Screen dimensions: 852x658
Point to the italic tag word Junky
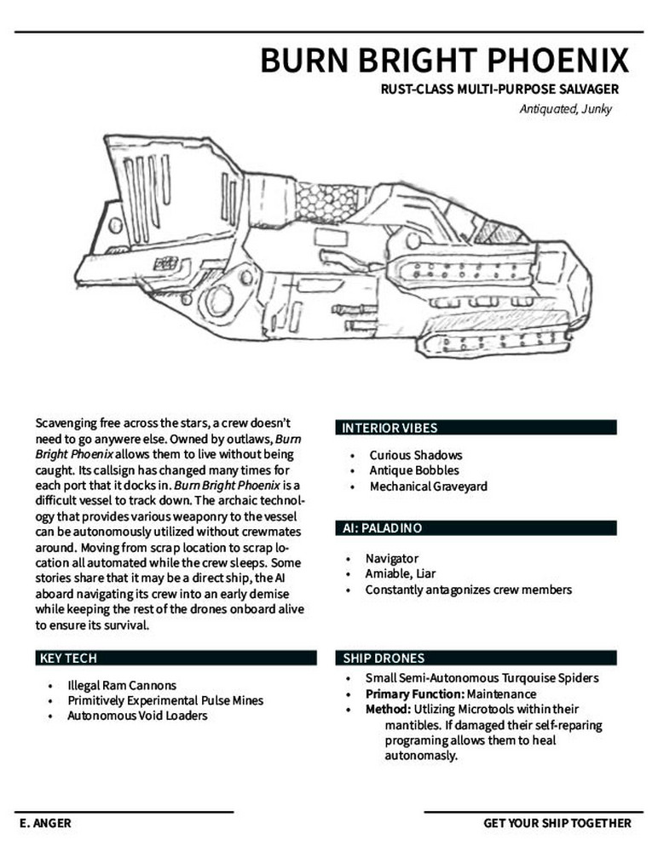(594, 109)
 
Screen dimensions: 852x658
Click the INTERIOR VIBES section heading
(389, 428)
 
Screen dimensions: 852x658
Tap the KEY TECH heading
(68, 658)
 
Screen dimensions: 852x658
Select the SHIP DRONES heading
(384, 658)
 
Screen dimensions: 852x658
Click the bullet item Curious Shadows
(415, 455)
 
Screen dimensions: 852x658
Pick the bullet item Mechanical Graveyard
(428, 486)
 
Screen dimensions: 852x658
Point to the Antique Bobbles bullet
(413, 470)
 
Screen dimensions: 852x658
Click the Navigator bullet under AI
(391, 558)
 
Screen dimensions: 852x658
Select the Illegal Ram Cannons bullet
(121, 685)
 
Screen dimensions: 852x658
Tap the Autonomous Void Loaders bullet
(137, 716)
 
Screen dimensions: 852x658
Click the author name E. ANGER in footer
(43, 823)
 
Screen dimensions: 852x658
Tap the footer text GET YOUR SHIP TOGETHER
(557, 823)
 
